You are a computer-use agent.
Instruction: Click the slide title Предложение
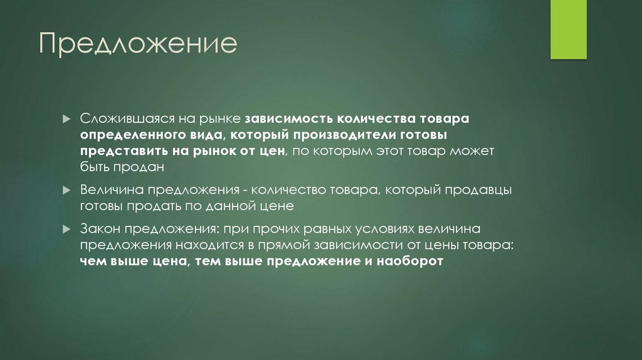(139, 45)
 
